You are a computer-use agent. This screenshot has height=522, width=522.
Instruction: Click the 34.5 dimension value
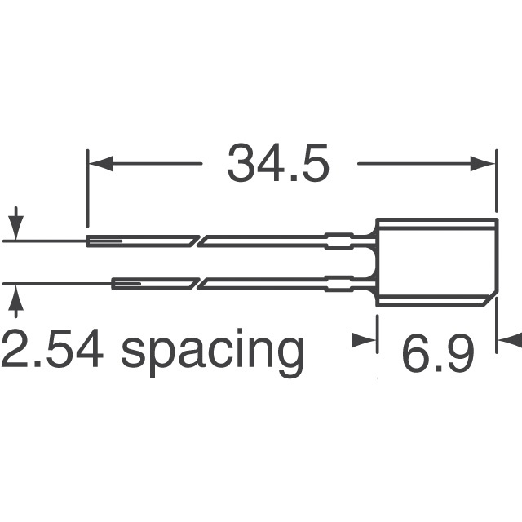point(278,164)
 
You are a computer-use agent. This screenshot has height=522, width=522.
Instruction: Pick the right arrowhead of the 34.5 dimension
point(486,164)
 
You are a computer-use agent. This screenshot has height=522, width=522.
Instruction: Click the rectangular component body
point(436,262)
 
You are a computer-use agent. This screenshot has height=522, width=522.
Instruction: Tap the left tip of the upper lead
point(90,241)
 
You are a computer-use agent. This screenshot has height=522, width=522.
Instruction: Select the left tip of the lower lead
point(114,284)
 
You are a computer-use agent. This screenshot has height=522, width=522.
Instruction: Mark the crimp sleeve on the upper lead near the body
point(339,241)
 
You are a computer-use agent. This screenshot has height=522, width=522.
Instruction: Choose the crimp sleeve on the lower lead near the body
point(339,284)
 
